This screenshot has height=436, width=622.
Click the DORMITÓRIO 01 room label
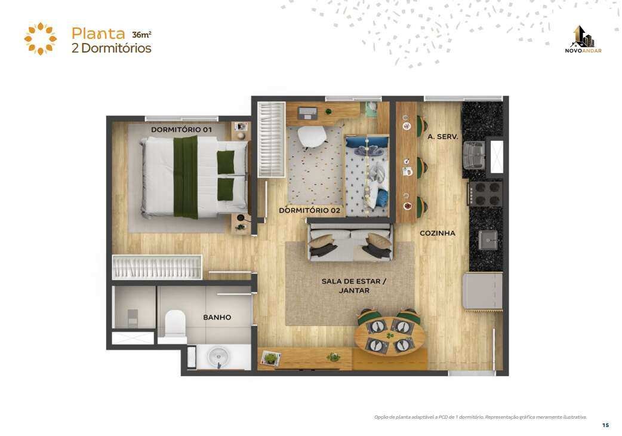pos(181,130)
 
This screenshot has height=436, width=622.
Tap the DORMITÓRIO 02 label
pos(309,210)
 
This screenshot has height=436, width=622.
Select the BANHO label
pos(217,317)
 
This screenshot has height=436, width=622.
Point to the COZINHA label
pos(438,234)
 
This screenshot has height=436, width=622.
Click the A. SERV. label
pos(443,136)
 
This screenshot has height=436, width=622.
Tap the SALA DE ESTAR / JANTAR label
pos(354,285)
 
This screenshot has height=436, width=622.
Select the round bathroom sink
pos(218,357)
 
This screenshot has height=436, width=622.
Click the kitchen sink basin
pos(488,240)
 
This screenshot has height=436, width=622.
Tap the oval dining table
pos(390,336)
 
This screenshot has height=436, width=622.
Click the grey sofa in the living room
pos(350,242)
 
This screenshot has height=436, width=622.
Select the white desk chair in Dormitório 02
pos(312,136)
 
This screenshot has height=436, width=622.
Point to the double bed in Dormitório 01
pos(195,177)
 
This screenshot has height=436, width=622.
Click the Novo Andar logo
pos(583,39)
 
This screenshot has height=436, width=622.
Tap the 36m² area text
pos(141,35)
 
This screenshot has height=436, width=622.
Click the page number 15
pos(605,425)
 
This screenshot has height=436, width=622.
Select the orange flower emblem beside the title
pos(41,38)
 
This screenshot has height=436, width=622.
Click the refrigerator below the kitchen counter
pos(483,290)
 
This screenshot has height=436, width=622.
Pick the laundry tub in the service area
pos(475,154)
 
